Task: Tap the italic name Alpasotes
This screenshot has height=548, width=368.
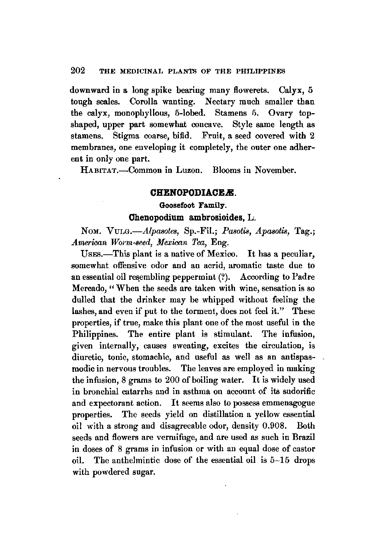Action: pyautogui.click(x=157, y=232)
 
